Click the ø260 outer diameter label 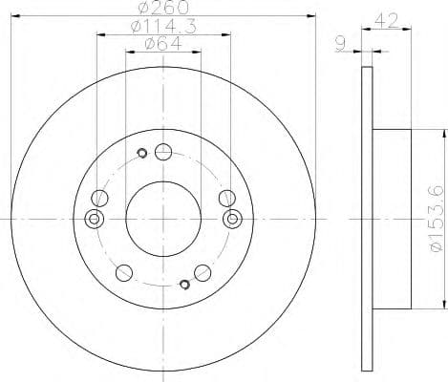[x=160, y=11]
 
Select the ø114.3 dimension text [x=160, y=28]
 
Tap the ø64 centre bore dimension [x=160, y=43]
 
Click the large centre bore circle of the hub [x=160, y=219]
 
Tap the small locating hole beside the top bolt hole [x=142, y=152]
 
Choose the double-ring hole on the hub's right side [x=230, y=220]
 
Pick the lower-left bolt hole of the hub [x=122, y=273]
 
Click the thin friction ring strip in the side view [x=367, y=219]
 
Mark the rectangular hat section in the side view [x=391, y=219]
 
